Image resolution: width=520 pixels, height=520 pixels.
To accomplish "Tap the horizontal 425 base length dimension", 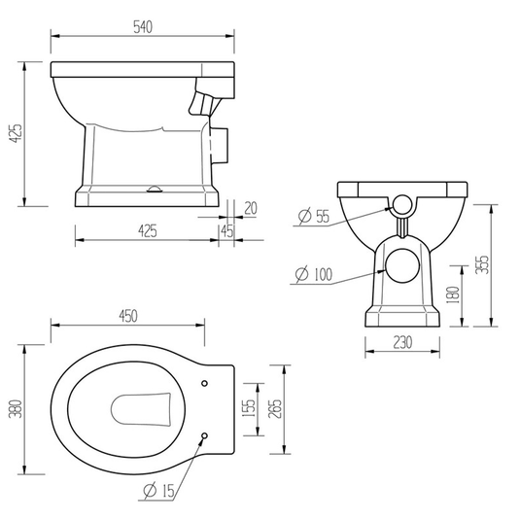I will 146,229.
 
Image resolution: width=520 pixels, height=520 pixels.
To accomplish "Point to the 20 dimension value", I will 251,206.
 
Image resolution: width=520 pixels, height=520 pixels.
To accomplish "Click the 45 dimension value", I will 226,229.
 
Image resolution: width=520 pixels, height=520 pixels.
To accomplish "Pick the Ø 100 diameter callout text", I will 310,275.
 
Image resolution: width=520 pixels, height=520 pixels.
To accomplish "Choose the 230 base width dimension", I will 401,342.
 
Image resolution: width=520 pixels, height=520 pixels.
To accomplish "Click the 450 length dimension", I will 128,315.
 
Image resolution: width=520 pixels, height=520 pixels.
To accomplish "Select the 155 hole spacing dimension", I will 249,409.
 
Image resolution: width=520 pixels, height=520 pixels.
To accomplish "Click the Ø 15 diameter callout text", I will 159,492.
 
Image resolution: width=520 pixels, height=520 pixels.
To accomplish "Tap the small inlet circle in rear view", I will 401,205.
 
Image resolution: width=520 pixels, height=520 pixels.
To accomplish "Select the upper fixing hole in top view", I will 205,383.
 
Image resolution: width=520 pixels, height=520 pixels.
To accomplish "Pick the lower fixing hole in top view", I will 205,435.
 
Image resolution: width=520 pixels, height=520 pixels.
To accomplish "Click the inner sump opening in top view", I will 142,409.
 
